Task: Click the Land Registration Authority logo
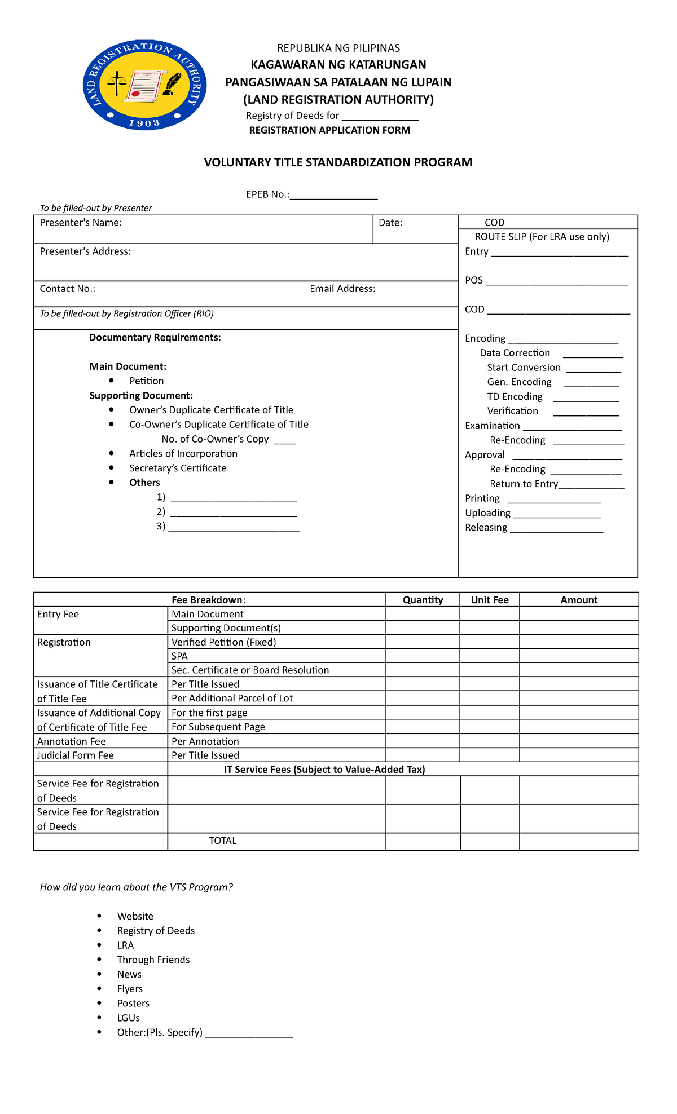pyautogui.click(x=144, y=85)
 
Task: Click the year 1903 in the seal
pyautogui.click(x=144, y=123)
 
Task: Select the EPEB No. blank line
pyautogui.click(x=333, y=196)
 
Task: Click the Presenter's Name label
pyautogui.click(x=81, y=223)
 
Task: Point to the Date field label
pyautogui.click(x=390, y=223)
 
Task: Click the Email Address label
pyautogui.click(x=342, y=289)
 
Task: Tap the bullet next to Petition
pyautogui.click(x=112, y=381)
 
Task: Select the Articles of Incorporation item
pyautogui.click(x=183, y=453)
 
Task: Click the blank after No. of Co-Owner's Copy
pyautogui.click(x=285, y=441)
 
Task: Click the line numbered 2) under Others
pyautogui.click(x=233, y=513)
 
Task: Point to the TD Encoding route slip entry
pyautogui.click(x=515, y=396)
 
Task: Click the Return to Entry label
pyautogui.click(x=524, y=484)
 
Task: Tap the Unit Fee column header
pyautogui.click(x=490, y=600)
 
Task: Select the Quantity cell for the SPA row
pyautogui.click(x=423, y=656)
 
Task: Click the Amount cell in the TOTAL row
pyautogui.click(x=579, y=841)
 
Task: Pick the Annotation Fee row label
pyautogui.click(x=72, y=741)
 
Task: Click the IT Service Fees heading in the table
pyautogui.click(x=324, y=770)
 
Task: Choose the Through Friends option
pyautogui.click(x=153, y=960)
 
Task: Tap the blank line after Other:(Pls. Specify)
pyautogui.click(x=249, y=1033)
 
